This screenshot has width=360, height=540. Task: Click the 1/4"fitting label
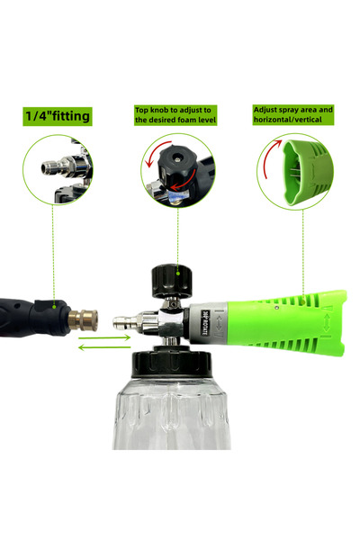tap(58, 116)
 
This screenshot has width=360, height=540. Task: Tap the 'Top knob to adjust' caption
tap(175, 115)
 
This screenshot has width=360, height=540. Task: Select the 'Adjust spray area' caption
tap(293, 114)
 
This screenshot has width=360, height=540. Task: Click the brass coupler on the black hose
tap(83, 319)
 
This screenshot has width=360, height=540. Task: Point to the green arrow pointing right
tap(104, 337)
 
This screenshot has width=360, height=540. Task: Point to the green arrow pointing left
tap(104, 347)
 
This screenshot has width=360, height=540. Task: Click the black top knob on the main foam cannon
tap(171, 281)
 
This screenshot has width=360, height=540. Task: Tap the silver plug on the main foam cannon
tap(126, 323)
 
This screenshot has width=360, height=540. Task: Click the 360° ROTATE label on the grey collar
tap(205, 323)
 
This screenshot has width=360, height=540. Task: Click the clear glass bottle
tap(171, 413)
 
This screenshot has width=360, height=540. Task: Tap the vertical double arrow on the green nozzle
tap(326, 323)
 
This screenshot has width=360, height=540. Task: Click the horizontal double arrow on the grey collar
tap(219, 323)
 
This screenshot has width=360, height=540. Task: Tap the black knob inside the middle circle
tap(176, 168)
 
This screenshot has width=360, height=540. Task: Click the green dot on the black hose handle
tap(54, 306)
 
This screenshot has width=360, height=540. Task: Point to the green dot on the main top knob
tap(178, 274)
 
